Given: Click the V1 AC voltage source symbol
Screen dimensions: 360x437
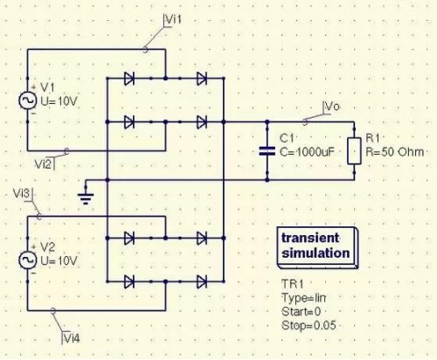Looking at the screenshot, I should point(26,100).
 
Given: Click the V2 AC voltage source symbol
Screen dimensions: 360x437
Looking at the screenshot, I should point(26,260).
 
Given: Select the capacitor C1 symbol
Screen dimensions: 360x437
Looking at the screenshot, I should point(267,149).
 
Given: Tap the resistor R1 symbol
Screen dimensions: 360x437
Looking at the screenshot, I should point(354,150).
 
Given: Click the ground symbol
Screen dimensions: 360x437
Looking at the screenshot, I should point(85,194).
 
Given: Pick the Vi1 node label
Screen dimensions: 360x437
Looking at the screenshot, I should point(175,18).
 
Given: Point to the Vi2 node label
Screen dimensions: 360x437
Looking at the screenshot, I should point(45,163).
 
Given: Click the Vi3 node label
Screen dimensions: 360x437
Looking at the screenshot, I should point(24,191).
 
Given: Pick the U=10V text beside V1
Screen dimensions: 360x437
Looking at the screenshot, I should point(58,101).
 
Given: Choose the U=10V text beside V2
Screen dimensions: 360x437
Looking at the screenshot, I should point(58,260).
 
